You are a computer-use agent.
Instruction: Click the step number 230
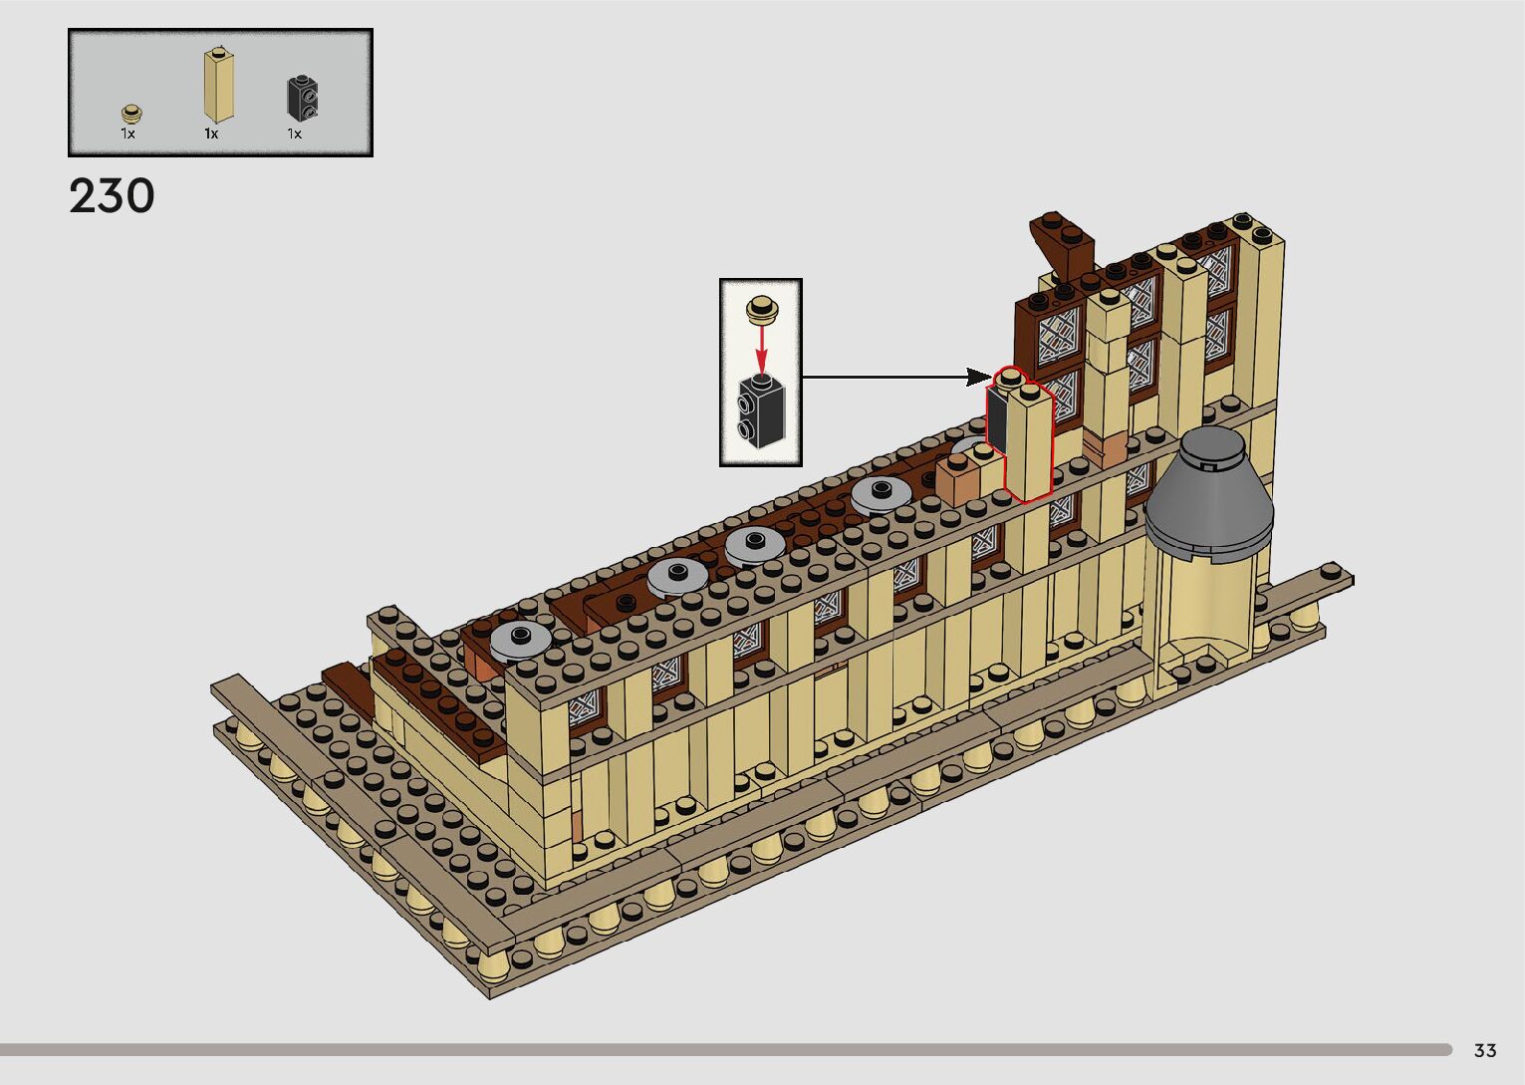(112, 196)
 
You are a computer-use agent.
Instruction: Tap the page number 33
(1485, 1050)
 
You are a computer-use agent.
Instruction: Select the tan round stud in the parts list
(131, 113)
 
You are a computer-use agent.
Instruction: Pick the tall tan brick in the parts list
(219, 85)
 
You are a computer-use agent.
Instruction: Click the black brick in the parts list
(302, 99)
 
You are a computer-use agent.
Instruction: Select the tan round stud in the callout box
(762, 309)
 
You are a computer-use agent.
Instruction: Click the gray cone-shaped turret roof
(1208, 492)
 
